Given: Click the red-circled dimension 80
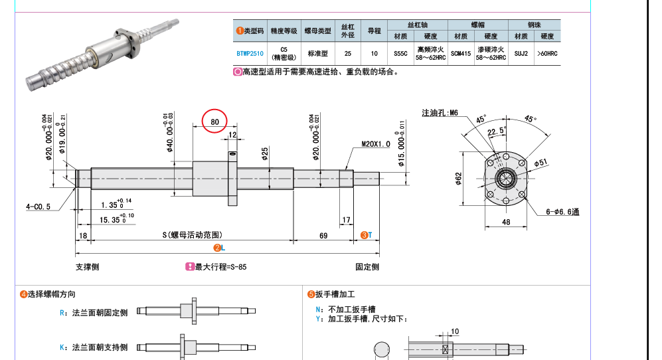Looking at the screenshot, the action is [x=214, y=122].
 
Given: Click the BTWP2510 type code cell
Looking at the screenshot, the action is [x=250, y=54].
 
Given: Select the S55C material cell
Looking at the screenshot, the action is [x=400, y=54].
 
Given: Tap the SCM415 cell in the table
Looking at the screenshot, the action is [x=461, y=54].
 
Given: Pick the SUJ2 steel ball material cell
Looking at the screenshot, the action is [x=521, y=54].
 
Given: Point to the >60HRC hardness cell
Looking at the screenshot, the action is [x=547, y=54].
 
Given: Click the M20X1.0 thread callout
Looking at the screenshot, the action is [x=376, y=144].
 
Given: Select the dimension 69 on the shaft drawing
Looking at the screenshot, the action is [x=323, y=235].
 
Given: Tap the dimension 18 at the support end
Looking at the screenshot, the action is [x=83, y=236].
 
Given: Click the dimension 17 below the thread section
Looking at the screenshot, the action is [x=346, y=220].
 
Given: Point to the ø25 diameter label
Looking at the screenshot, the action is [x=265, y=154].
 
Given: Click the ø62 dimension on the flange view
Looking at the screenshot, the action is [x=459, y=178].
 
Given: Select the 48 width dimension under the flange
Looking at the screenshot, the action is [x=506, y=222].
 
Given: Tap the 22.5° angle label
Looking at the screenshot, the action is [x=497, y=132].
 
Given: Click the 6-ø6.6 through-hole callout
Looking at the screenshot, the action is [x=562, y=212].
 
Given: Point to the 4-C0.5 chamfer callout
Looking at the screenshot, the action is [x=38, y=207].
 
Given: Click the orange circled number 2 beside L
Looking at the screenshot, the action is [x=217, y=248].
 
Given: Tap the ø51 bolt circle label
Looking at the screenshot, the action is [x=541, y=163].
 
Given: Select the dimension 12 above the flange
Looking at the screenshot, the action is [x=232, y=135].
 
